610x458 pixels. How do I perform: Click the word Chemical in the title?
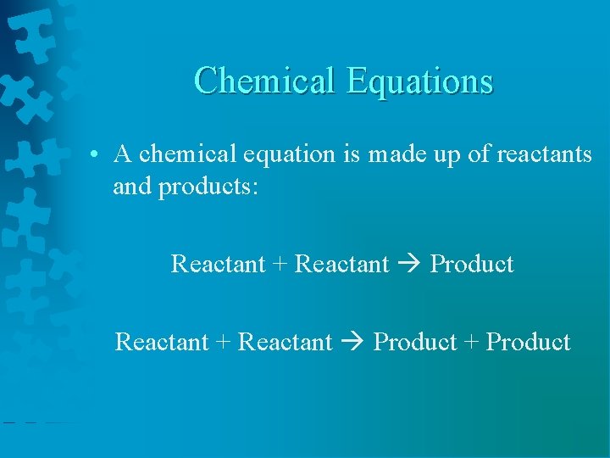(x=265, y=81)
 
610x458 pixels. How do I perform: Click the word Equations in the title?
(x=419, y=81)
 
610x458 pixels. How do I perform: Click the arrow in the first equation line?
(x=409, y=265)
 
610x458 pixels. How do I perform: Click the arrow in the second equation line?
(x=353, y=343)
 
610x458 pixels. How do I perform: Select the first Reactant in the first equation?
(x=219, y=264)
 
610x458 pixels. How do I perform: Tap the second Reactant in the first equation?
(x=341, y=264)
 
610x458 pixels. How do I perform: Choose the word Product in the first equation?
(x=471, y=264)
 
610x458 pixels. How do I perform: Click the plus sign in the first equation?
(x=280, y=265)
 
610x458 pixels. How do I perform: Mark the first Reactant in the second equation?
(x=162, y=342)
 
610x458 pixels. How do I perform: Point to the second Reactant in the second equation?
(x=286, y=342)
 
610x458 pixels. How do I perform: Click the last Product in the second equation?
(x=528, y=342)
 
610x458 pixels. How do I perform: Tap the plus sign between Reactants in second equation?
(x=224, y=343)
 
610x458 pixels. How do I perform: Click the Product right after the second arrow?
(x=415, y=342)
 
